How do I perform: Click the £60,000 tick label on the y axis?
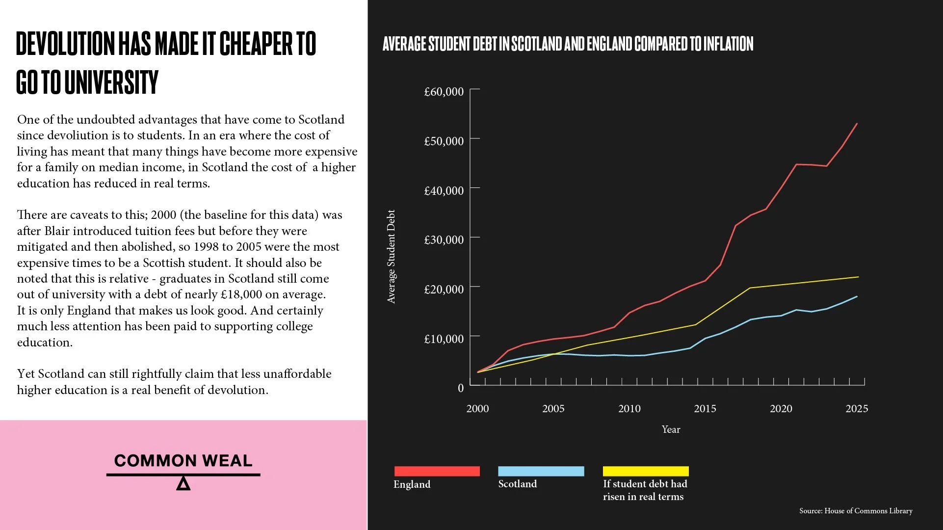click(x=444, y=92)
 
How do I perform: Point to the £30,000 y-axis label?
click(x=444, y=239)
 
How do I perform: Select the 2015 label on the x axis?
click(x=705, y=408)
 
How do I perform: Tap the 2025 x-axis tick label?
click(x=857, y=408)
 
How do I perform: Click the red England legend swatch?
click(x=437, y=471)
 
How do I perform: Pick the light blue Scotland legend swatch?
click(x=541, y=471)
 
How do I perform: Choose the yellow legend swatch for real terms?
click(x=646, y=471)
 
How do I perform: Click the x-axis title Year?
click(x=671, y=429)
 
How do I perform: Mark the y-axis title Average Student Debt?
click(x=391, y=257)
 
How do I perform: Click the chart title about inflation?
click(x=568, y=44)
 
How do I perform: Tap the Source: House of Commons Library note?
click(x=856, y=511)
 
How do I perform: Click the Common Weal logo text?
click(x=183, y=460)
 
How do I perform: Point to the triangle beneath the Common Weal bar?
click(x=183, y=484)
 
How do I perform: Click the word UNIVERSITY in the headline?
click(x=111, y=82)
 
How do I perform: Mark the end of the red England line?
click(x=857, y=124)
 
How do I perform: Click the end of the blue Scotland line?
click(x=857, y=296)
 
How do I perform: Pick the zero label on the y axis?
click(x=460, y=388)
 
